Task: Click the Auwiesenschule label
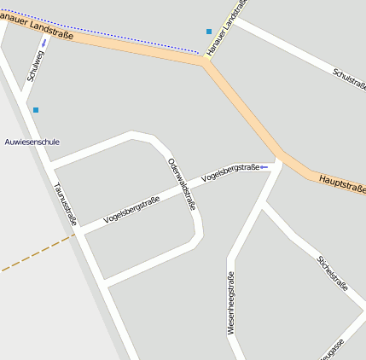pyautogui.click(x=32, y=142)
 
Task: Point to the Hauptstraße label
pyautogui.click(x=342, y=183)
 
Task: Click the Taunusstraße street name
pyautogui.click(x=65, y=204)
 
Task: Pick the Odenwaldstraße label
pyautogui.click(x=182, y=184)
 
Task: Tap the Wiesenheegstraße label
pyautogui.click(x=230, y=302)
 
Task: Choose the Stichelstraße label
pyautogui.click(x=333, y=273)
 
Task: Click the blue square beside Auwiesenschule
pyautogui.click(x=35, y=110)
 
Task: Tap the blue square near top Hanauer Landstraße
pyautogui.click(x=209, y=32)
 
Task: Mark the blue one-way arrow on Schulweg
pyautogui.click(x=44, y=42)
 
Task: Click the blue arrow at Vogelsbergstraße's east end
pyautogui.click(x=264, y=166)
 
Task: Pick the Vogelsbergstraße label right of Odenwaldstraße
pyautogui.click(x=229, y=173)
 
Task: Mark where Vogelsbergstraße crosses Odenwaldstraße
pyautogui.click(x=189, y=189)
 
